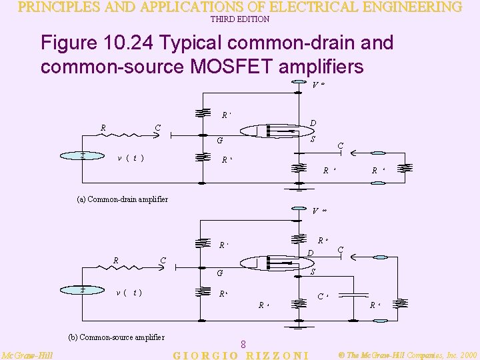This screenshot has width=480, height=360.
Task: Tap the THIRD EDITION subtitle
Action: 240,19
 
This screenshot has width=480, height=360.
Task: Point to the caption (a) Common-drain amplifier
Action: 119,199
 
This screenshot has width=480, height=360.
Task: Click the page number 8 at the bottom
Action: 244,344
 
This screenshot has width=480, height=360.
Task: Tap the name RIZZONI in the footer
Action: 276,355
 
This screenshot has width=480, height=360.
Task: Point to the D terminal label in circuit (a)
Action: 313,123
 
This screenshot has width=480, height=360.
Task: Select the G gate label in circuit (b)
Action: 219,273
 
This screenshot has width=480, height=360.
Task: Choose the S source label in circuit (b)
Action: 313,271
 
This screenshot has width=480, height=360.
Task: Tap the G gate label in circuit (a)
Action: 219,141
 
